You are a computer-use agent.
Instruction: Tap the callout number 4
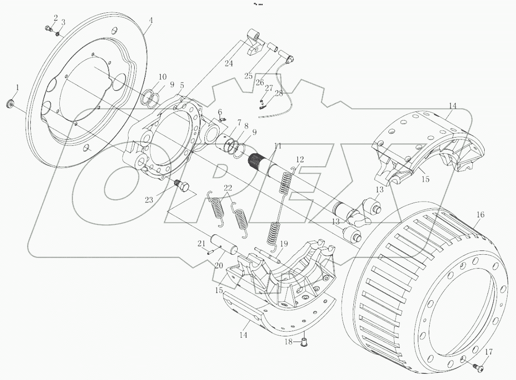click(x=151, y=21)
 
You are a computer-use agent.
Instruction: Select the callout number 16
click(x=480, y=215)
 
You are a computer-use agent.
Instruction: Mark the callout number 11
click(x=277, y=146)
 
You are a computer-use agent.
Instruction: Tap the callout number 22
click(x=228, y=188)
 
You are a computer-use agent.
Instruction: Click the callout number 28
click(x=279, y=94)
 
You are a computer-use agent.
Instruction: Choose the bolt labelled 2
click(x=48, y=29)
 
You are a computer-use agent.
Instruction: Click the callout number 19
click(x=284, y=244)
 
